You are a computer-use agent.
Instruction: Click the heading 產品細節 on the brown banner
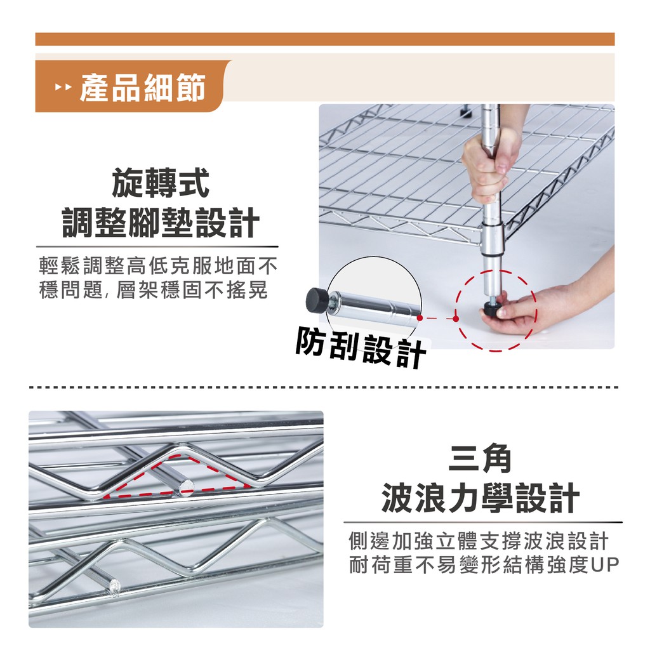142,88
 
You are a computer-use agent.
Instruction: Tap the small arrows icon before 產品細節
63,88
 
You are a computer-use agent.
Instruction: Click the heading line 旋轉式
161,183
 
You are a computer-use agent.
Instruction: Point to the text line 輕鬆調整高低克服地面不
158,266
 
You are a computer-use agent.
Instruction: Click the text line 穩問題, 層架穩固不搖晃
154,289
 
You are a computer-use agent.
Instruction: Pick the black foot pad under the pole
493,308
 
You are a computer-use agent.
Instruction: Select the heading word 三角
481,458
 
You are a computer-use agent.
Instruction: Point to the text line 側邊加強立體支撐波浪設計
479,541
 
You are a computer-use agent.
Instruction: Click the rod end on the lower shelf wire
115,587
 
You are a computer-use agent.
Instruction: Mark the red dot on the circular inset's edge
420,318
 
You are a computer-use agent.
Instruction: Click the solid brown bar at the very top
325,39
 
